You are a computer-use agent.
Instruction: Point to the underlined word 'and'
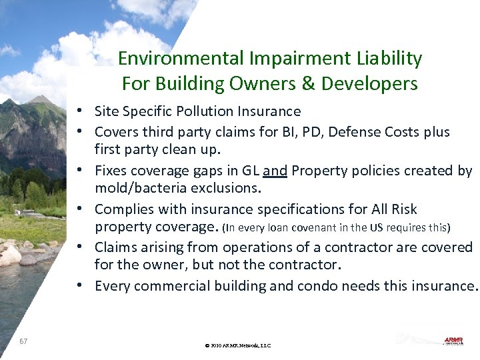click(275, 171)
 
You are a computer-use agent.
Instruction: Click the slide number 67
click(23, 341)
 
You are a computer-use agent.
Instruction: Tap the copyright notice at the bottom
click(238, 345)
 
